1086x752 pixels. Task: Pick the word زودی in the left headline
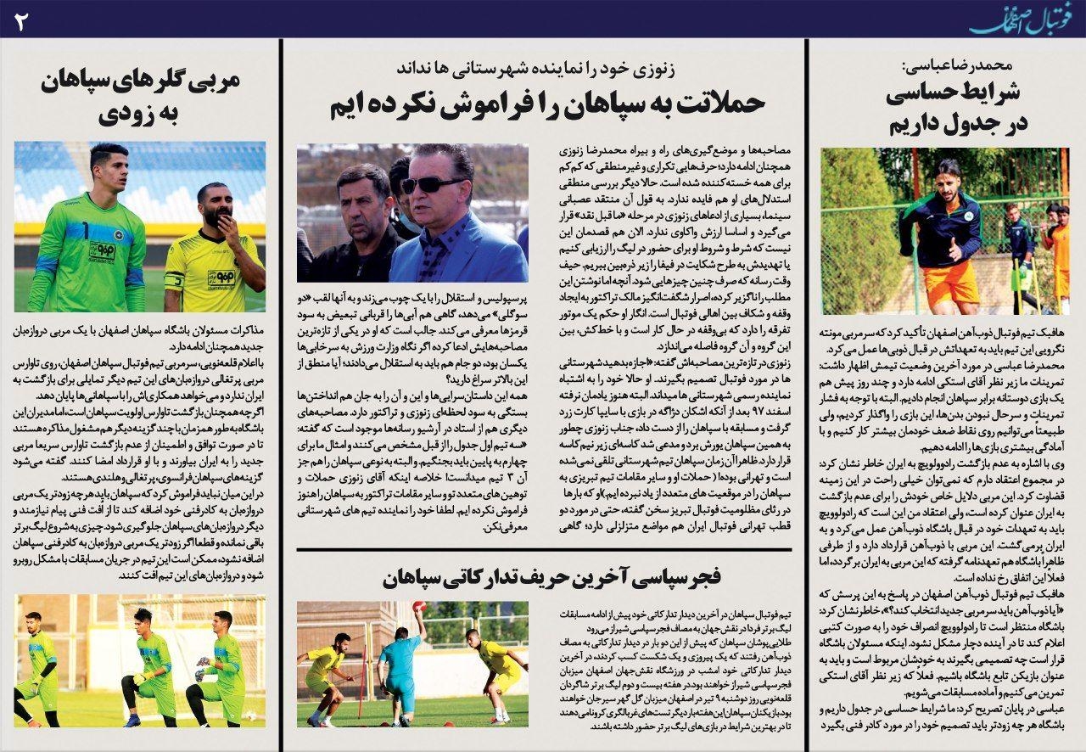139,112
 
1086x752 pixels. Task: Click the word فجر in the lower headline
698,579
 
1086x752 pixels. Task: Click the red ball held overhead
416,607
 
